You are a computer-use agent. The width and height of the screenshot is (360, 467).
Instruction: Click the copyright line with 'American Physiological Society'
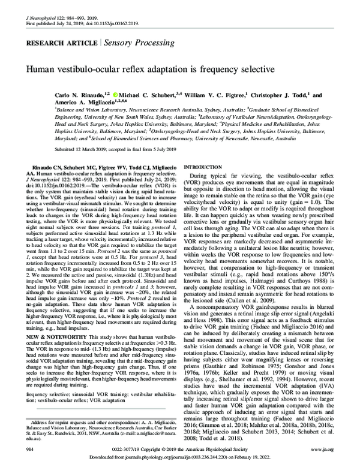(x=180, y=447)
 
